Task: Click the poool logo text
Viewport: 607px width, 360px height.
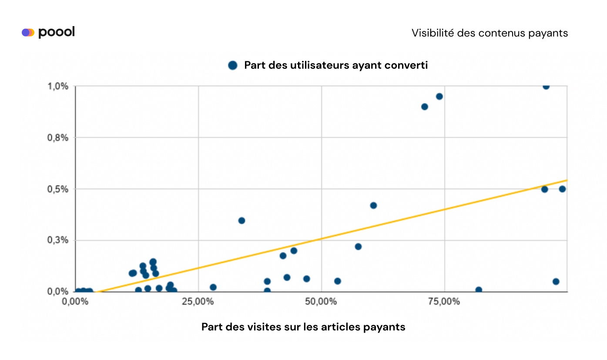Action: tap(56, 32)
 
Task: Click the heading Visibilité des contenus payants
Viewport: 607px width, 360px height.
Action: tap(490, 33)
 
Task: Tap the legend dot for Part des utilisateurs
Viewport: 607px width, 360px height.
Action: tap(233, 65)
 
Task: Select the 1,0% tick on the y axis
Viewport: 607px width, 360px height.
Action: tap(58, 86)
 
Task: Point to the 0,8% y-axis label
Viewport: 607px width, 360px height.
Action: tap(58, 138)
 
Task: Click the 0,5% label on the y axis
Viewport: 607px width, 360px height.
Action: tap(58, 189)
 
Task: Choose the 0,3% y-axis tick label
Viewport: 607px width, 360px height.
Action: tap(58, 240)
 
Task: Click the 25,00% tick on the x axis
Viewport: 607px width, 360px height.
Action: tap(198, 302)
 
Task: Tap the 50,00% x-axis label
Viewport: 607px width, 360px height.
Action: tap(321, 302)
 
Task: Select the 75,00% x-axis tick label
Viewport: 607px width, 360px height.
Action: tap(444, 302)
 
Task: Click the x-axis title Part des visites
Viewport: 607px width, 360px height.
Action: tap(303, 327)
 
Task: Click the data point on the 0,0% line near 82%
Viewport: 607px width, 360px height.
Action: tap(479, 290)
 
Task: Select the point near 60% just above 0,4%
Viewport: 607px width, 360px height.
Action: tap(373, 205)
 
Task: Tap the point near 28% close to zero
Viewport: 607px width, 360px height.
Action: tap(213, 287)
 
